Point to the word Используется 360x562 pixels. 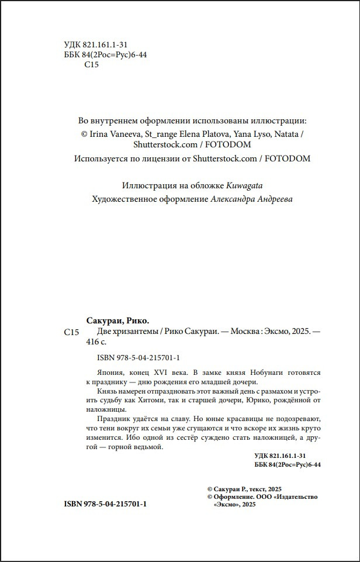point(105,158)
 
